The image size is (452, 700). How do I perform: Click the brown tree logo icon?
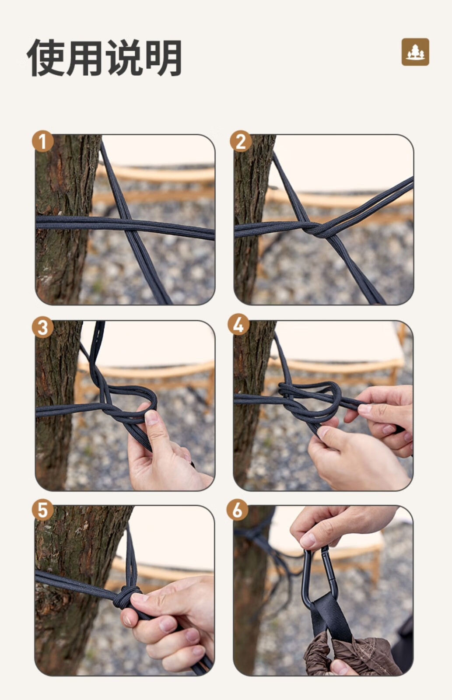coord(415,52)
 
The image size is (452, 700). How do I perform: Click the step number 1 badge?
coord(42,141)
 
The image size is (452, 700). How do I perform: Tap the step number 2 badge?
coord(241,141)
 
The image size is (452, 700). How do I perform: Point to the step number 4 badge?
coord(238,324)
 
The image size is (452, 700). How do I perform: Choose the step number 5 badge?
coord(42,510)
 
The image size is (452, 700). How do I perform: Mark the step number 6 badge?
coord(237,510)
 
